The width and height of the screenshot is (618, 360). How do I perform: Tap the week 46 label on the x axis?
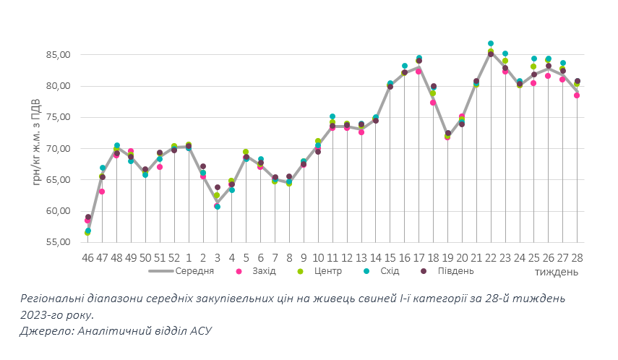coord(88,257)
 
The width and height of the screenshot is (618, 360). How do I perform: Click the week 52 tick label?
coord(174,257)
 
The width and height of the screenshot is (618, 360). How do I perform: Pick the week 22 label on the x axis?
coord(491,257)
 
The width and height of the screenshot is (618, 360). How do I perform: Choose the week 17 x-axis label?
coord(419,257)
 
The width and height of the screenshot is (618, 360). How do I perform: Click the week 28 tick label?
coord(577,257)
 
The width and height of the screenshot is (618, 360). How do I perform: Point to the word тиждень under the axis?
coord(557,272)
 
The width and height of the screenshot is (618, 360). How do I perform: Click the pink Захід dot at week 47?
coord(102,192)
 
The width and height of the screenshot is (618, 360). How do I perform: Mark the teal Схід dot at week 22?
coord(491,43)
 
